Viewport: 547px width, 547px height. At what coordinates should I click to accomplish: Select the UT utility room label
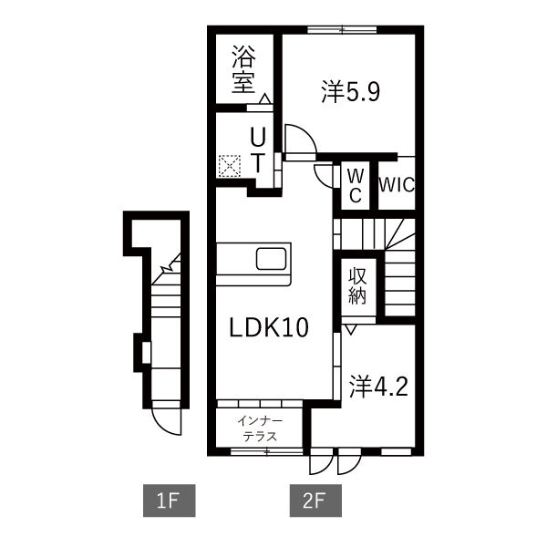coord(258,150)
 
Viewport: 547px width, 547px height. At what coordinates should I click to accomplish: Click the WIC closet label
coord(397,185)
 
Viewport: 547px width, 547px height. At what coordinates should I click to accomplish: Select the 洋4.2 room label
coord(377,386)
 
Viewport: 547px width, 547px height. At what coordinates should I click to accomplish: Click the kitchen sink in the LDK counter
coord(272,258)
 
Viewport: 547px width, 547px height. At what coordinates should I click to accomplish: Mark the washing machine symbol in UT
coord(228,165)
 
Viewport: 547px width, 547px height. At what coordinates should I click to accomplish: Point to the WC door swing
coord(323,173)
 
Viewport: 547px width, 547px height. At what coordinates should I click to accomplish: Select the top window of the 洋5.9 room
coord(343,30)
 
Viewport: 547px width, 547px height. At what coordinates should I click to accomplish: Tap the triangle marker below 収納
coord(350,325)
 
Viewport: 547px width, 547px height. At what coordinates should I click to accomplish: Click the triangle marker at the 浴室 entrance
coord(263,98)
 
